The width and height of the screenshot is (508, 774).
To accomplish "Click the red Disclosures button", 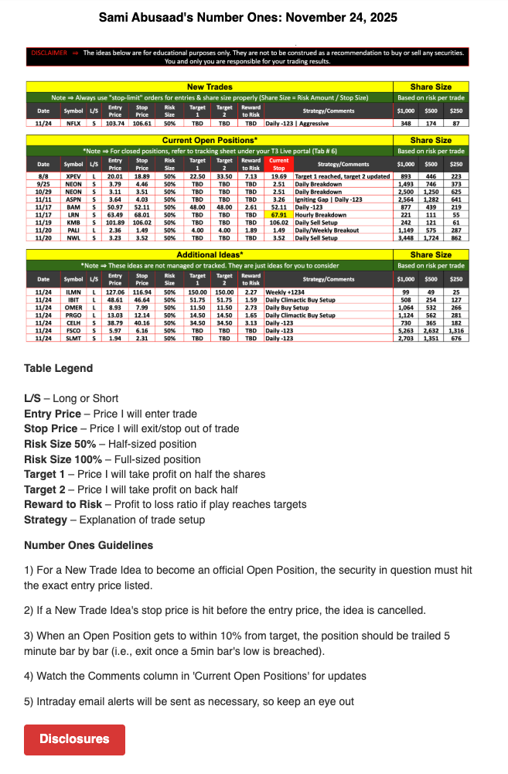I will point(74,739).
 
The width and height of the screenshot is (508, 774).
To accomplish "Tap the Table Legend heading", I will point(58,368).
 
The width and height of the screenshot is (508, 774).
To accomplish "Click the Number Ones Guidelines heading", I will point(88,545).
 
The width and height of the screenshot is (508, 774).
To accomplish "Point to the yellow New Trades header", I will point(210,87).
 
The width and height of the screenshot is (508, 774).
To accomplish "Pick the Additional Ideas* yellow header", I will point(210,254).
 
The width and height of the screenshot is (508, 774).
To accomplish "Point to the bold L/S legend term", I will point(32,398).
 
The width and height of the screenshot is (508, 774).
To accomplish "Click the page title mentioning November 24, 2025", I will point(254,17).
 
